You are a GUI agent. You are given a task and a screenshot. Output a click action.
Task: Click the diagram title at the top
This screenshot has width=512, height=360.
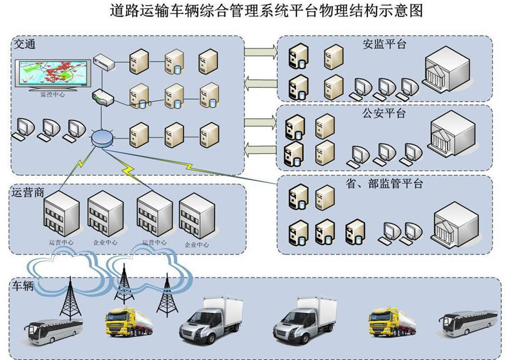click(x=256, y=11)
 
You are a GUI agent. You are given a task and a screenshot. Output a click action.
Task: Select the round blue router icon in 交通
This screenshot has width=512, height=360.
click(x=102, y=138)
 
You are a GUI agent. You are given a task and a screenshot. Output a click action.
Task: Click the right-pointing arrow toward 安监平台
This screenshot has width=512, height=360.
click(x=261, y=52)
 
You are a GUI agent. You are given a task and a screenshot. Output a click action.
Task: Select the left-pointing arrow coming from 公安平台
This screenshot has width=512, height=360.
click(x=261, y=148)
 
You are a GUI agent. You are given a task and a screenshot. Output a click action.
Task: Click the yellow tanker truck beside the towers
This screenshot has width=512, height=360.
click(x=129, y=322)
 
